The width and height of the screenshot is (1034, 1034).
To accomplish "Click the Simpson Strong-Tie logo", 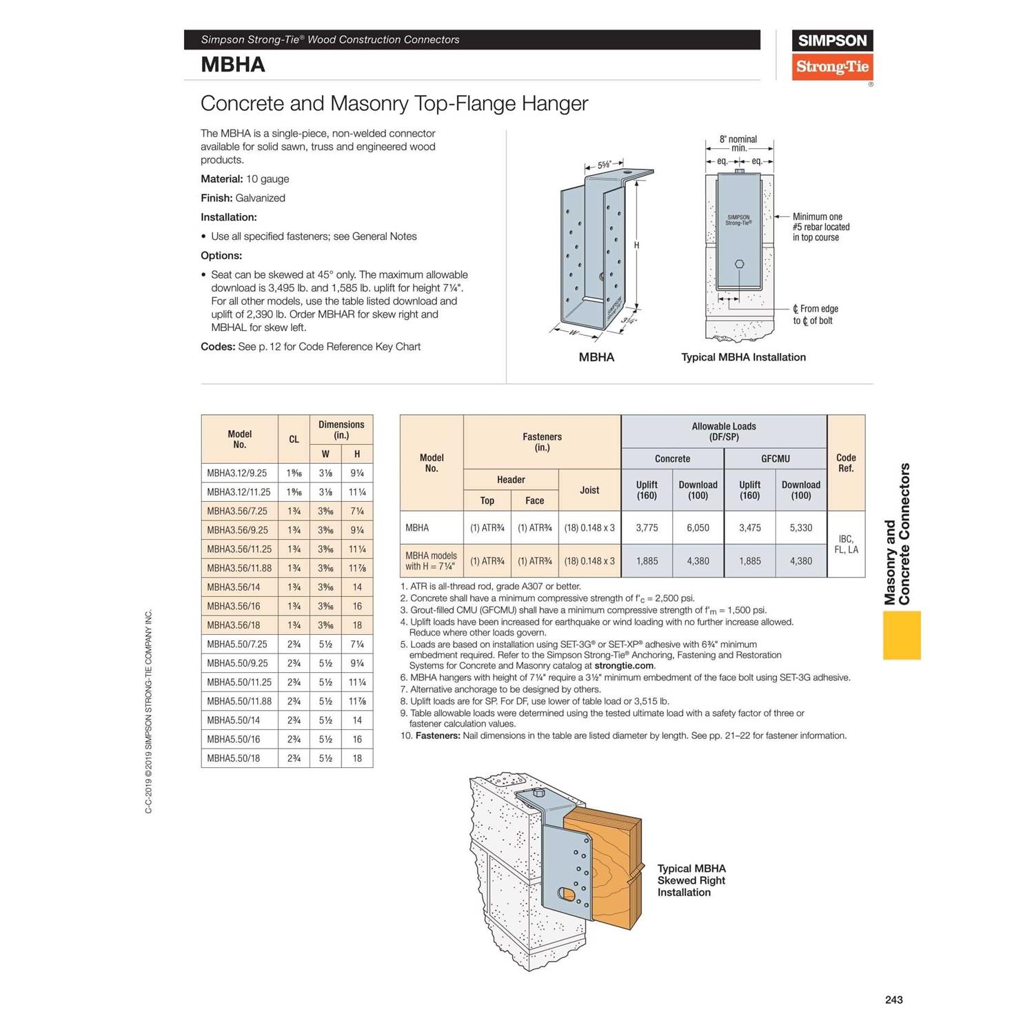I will coord(832,54).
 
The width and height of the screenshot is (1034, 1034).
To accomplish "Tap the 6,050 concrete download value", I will coord(698,528).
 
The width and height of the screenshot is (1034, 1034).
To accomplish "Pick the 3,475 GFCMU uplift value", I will coord(749,528).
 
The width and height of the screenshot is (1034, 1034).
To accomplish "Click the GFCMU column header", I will coord(775,458).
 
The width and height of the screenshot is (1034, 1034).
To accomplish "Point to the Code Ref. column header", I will coord(846,463).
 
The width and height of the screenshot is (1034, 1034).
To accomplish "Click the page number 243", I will coord(893,1000).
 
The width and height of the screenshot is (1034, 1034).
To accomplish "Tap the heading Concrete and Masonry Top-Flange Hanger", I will coord(394,103).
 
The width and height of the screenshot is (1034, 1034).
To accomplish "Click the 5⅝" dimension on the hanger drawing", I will coord(604,165).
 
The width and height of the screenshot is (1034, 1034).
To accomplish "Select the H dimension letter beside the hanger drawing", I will coord(636,245).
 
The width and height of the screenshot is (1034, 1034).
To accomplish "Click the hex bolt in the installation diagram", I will coord(739,264).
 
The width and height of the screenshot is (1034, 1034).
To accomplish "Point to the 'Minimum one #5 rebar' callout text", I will coord(820,227).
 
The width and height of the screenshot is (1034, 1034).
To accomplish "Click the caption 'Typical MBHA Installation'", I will coord(743,357).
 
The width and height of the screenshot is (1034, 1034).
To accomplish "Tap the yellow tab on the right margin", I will coord(902,635).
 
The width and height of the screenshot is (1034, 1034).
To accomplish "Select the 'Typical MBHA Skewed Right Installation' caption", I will coord(691,880).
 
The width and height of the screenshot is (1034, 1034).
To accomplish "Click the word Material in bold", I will coord(221,179).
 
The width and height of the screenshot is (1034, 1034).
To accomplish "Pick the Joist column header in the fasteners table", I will coord(589,490).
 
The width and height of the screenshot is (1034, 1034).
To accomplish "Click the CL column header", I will coord(294,439).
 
